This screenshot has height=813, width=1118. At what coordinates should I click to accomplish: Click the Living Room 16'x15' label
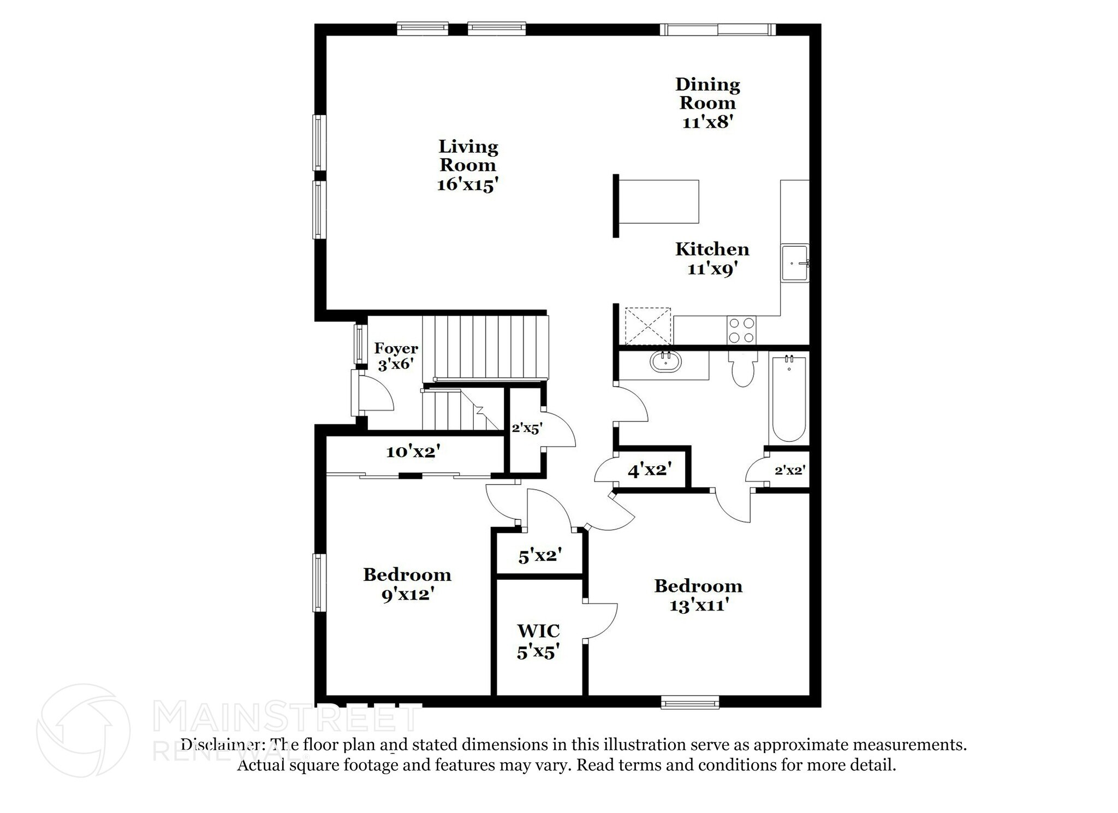pos(468,165)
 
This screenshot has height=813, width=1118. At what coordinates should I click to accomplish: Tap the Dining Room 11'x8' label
pos(707,103)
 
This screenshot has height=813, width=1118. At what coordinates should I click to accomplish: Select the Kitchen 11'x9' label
pos(712,259)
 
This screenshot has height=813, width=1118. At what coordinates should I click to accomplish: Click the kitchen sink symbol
pos(794,263)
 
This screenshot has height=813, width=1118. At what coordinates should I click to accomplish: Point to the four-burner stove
pos(741,330)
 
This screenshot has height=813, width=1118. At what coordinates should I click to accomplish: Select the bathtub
pos(789,399)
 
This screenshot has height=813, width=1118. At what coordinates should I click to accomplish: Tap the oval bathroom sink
pos(665,361)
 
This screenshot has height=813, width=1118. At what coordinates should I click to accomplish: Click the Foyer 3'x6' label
pos(396,356)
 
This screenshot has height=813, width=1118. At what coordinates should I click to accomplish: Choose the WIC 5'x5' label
pos(538,642)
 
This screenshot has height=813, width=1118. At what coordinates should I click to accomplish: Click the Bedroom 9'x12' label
pos(407,584)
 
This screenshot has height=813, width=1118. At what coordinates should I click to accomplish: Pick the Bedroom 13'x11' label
pos(698,596)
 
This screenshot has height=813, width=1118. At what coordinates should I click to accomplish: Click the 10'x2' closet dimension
pos(413,452)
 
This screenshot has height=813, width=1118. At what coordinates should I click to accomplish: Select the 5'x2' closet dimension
pos(539,556)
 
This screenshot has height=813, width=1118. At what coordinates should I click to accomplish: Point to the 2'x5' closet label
pos(526,429)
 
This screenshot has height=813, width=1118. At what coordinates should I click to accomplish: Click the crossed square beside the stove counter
pos(647,326)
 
